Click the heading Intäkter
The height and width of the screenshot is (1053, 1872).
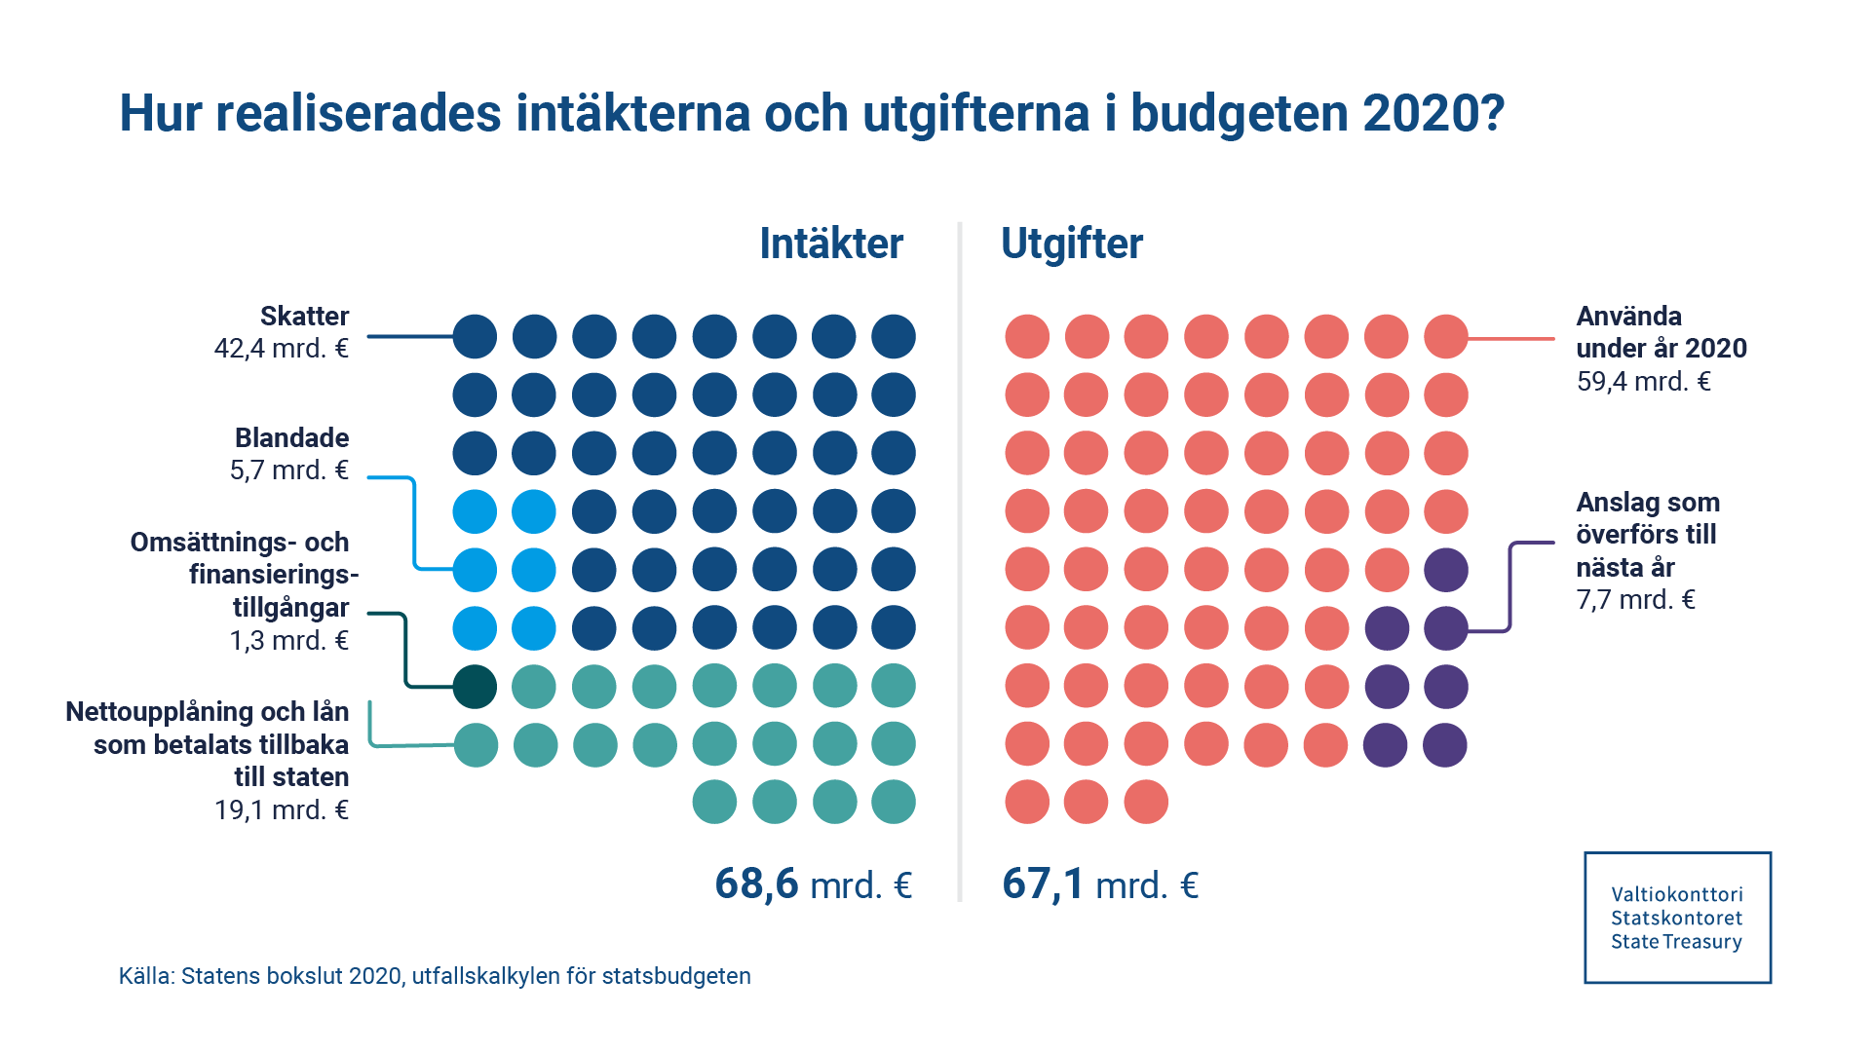(x=831, y=244)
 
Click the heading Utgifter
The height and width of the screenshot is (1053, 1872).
(x=1071, y=244)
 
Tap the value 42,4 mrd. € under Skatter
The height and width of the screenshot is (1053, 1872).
(x=281, y=349)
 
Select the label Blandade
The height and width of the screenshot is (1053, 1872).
(x=291, y=437)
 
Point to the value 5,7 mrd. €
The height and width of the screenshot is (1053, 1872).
(x=288, y=470)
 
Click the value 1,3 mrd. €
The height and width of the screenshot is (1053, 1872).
(x=288, y=641)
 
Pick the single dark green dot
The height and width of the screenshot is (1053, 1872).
(x=475, y=687)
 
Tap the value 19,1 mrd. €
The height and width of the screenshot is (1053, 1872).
(x=281, y=810)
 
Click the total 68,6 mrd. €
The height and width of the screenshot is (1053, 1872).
(x=813, y=884)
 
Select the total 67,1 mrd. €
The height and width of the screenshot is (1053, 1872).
(x=1100, y=884)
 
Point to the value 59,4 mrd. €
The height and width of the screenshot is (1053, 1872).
(x=1643, y=382)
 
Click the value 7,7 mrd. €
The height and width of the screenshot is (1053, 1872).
(x=1635, y=600)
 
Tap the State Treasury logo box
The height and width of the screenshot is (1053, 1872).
(x=1677, y=918)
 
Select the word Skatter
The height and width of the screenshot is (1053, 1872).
(x=304, y=317)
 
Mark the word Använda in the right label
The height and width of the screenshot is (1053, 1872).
(x=1628, y=317)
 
